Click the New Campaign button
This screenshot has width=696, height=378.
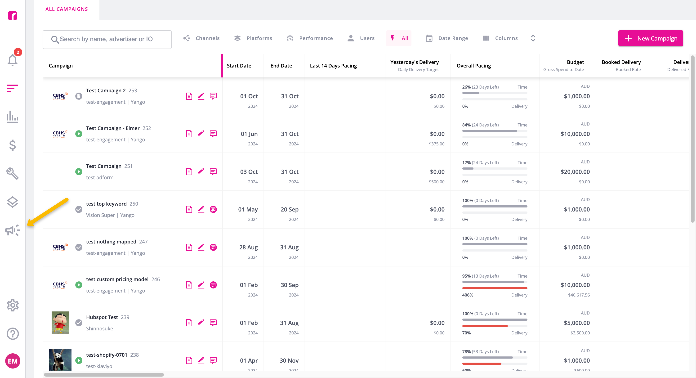650,38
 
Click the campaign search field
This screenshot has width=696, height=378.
107,40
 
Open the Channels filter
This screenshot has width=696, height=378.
201,38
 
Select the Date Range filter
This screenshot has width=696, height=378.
447,38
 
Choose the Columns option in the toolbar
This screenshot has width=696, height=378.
500,38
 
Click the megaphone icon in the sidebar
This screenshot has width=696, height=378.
12,230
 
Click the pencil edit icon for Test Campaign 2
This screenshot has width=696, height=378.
201,96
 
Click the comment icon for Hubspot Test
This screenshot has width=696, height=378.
213,323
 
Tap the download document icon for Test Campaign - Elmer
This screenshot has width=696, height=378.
189,134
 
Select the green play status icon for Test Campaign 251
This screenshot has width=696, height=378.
79,172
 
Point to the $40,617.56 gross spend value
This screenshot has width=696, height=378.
579,295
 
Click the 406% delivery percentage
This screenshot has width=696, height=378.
467,295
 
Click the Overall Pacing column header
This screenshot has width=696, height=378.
474,66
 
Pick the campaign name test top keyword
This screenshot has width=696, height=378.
106,204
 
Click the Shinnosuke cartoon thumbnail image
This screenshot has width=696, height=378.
60,323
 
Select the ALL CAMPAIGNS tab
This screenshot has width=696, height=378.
67,9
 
